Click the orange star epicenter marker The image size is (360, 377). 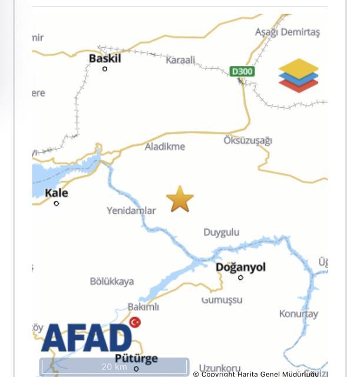tap(180, 199)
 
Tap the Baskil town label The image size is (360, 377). tap(104, 58)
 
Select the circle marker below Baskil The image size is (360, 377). tap(105, 69)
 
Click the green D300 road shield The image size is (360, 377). tap(242, 72)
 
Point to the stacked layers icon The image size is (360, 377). tap(298, 75)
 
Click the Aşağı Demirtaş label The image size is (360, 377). tap(287, 32)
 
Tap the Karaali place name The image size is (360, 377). tap(180, 60)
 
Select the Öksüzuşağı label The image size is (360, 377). tap(247, 140)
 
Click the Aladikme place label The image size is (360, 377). tap(165, 146)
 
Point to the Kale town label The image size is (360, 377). tap(57, 193)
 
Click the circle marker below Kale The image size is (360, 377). tap(57, 204)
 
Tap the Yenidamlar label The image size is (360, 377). tap(131, 210)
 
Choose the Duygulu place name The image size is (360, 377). tap(222, 232)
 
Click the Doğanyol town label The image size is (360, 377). tap(240, 267)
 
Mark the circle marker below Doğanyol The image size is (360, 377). tap(240, 277)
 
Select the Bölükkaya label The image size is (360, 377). tap(112, 281)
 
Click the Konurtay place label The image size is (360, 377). tap(298, 313)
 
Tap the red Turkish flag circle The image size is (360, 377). tap(136, 322)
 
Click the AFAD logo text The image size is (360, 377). tap(87, 338)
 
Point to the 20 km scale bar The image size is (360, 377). tap(114, 366)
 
